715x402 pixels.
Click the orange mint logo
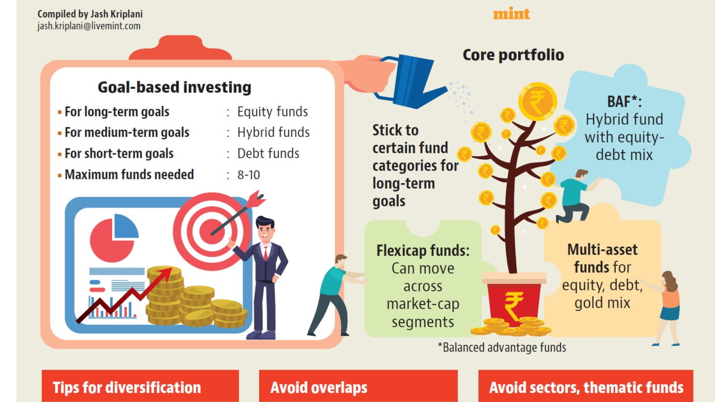(511, 14)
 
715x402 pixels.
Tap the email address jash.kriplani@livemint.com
(89, 26)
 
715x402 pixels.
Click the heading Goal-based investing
(174, 87)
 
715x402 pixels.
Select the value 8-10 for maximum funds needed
(249, 175)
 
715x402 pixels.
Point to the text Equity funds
(273, 112)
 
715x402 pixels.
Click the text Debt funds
(268, 153)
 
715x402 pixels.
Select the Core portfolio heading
(513, 55)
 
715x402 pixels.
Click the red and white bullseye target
(212, 231)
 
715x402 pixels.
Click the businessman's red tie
(266, 253)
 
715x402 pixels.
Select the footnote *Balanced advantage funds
(502, 347)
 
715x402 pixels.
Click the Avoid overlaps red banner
(358, 386)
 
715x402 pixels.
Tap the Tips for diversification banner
(140, 386)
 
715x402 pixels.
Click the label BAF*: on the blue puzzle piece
(625, 101)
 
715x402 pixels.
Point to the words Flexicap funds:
(423, 251)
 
